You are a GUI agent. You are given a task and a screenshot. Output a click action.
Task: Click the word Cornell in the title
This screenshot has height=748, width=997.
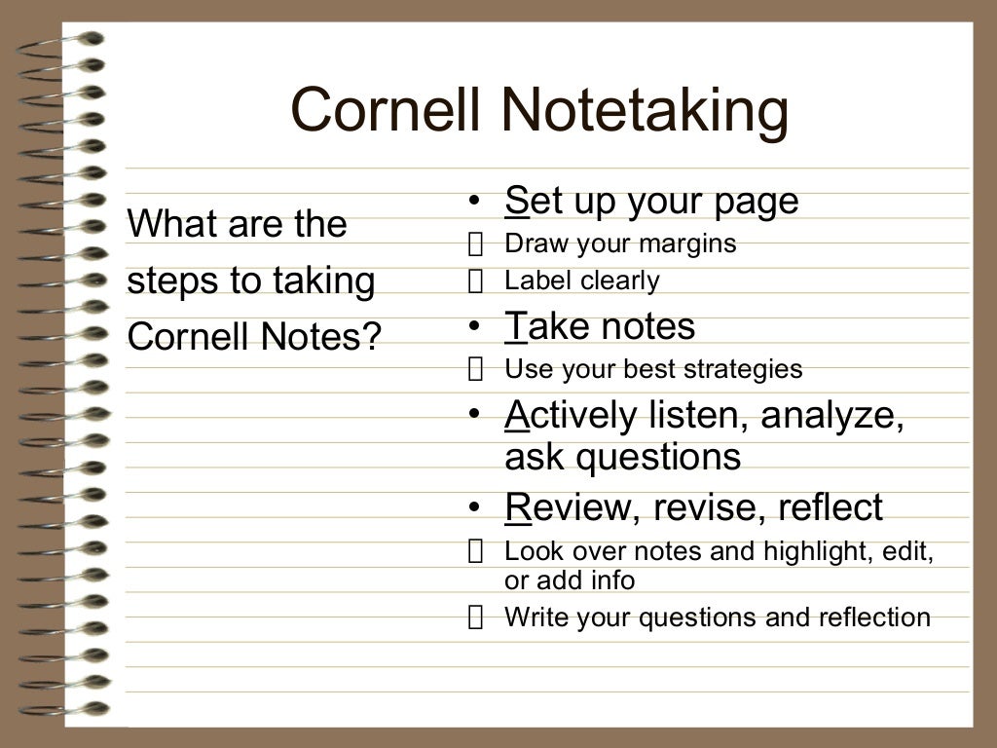coord(385,109)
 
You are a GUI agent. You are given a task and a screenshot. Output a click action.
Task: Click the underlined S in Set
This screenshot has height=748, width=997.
coord(516,201)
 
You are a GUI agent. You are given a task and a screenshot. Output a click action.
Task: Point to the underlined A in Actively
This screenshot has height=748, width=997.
coord(516,416)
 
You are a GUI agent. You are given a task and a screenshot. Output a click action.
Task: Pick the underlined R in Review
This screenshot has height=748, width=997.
coord(517,507)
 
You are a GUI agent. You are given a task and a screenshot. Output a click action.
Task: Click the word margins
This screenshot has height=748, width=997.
coord(691,243)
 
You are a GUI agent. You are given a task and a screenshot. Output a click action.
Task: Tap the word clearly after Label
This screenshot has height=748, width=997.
coord(621,280)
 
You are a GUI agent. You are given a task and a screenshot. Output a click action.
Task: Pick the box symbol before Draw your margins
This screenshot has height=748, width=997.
coord(475,244)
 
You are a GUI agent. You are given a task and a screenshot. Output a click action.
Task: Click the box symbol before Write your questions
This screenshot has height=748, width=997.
coord(475,617)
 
